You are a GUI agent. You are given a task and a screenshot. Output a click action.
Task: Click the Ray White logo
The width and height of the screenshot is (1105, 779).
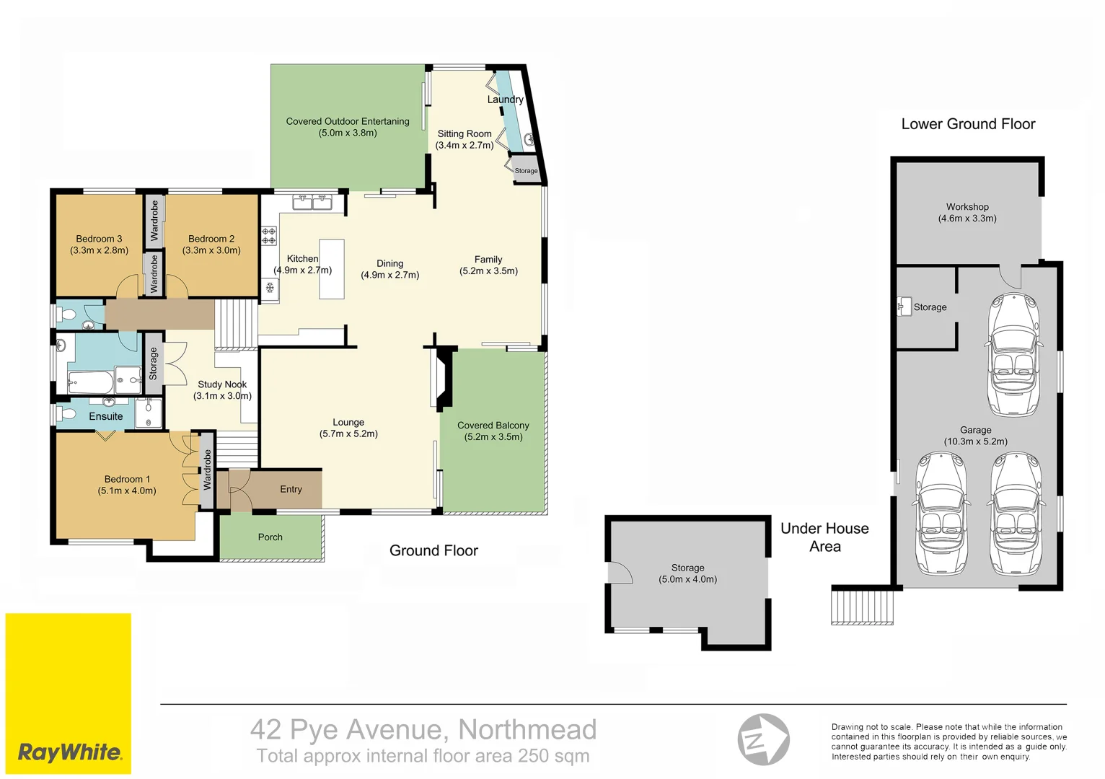pyautogui.click(x=69, y=752)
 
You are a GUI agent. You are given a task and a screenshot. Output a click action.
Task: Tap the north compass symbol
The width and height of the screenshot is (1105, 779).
pyautogui.click(x=763, y=739)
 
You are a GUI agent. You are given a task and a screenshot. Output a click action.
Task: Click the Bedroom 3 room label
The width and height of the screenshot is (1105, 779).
pyautogui.click(x=99, y=239)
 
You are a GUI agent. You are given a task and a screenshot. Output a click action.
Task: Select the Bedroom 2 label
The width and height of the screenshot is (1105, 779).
pyautogui.click(x=211, y=239)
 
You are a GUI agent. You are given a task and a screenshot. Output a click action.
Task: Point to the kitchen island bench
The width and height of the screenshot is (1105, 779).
pyautogui.click(x=332, y=268)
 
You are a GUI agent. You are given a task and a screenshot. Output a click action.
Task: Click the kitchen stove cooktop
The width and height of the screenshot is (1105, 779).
pyautogui.click(x=269, y=235)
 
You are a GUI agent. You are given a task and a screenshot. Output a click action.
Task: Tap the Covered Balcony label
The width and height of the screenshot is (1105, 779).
pyautogui.click(x=493, y=426)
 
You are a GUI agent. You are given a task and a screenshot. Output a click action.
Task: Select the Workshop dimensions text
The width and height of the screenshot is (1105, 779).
pyautogui.click(x=967, y=219)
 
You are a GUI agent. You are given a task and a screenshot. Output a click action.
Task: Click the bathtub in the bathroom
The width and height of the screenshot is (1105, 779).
pyautogui.click(x=91, y=382)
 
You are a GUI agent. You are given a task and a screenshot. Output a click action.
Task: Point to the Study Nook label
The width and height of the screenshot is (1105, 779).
pyautogui.click(x=222, y=384)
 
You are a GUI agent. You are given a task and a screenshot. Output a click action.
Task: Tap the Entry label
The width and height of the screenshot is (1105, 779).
pyautogui.click(x=291, y=489)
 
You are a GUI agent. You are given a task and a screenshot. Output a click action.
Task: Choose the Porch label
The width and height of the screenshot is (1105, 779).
pyautogui.click(x=270, y=537)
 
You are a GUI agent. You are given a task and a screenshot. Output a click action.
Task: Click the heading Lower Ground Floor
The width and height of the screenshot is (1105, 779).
pyautogui.click(x=968, y=124)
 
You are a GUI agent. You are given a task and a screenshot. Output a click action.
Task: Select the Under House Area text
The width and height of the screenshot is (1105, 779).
pyautogui.click(x=824, y=537)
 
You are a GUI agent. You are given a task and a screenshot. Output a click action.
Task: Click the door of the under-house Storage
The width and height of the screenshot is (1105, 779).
pyautogui.click(x=619, y=573)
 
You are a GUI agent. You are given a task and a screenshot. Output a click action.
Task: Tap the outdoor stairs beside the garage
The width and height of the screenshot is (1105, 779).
pyautogui.click(x=862, y=607)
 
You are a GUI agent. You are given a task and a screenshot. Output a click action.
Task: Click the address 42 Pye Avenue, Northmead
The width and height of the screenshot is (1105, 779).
pyautogui.click(x=423, y=730)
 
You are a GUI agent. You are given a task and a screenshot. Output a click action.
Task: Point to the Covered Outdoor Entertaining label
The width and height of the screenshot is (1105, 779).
pyautogui.click(x=348, y=121)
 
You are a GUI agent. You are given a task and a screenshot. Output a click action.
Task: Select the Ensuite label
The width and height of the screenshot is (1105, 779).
pyautogui.click(x=106, y=416)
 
